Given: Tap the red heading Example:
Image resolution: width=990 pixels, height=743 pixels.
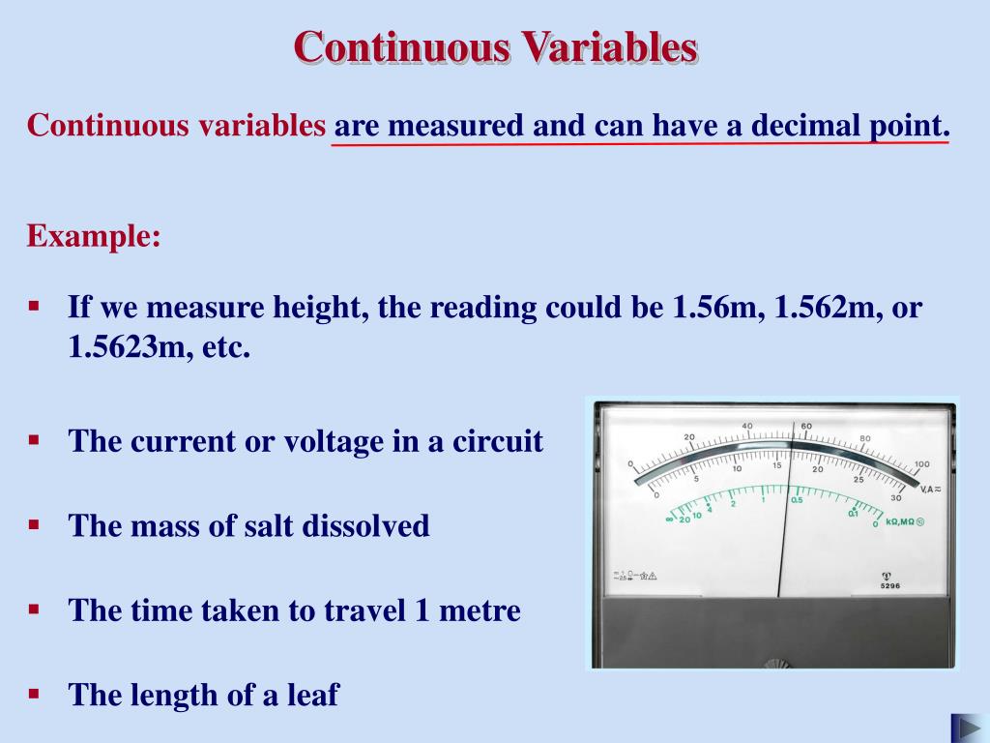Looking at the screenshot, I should [94, 235].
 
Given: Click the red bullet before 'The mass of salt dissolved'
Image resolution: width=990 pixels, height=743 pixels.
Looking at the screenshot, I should [34, 524].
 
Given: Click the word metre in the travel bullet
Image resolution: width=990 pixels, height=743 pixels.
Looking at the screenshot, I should [476, 610].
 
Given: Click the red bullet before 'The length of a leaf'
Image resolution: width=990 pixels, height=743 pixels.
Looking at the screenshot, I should [34, 694].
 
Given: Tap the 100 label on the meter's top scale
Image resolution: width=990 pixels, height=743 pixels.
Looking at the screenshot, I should [921, 464].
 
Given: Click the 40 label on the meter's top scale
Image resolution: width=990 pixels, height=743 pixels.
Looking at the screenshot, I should [747, 426].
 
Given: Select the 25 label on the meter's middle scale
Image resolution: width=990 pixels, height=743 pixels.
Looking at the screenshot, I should [859, 479].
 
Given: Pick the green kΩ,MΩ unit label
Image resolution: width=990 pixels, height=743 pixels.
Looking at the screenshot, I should [905, 521].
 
